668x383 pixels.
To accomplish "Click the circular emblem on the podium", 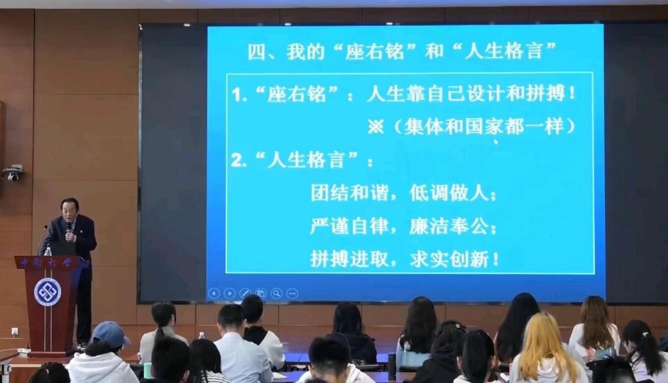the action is coord(48,292).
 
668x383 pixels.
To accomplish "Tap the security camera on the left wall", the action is coord(12,173).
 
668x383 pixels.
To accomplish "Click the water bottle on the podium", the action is coord(48,251).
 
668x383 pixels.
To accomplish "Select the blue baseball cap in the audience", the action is coord(110,334).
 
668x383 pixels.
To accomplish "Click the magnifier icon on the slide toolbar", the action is coord(276,293).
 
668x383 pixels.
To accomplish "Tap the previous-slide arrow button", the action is coord(214,294).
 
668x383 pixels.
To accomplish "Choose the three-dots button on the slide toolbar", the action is coord(292,294).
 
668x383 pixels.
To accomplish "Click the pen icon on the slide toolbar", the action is coord(245,294).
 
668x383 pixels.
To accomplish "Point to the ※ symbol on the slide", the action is coord(376,127).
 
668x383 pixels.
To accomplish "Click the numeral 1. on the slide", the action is coord(239,95).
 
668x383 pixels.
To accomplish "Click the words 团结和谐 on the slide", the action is coord(350,193).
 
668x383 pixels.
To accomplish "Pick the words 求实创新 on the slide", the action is coord(449,259).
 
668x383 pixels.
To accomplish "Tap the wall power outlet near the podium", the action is coord(14,331).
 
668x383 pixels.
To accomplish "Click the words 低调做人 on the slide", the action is coord(449,193).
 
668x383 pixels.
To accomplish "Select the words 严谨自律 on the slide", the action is coord(350,227).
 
